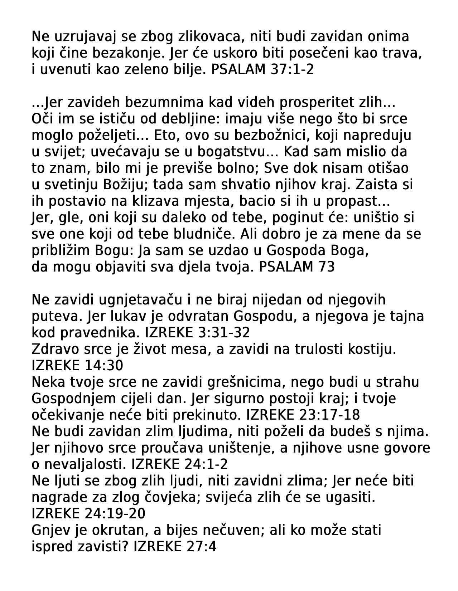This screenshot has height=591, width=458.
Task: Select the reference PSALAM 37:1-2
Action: pyautogui.click(x=262, y=70)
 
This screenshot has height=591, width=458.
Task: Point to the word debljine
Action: pyautogui.click(x=184, y=119)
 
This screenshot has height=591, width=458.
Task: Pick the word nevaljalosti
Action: pyautogui.click(x=85, y=465)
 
